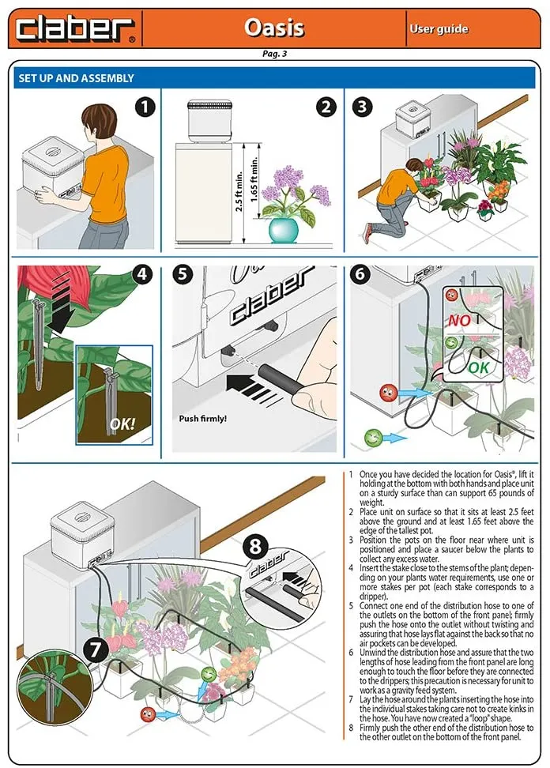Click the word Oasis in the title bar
click(273, 28)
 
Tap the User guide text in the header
click(439, 29)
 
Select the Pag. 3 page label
click(274, 55)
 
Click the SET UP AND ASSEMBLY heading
click(76, 78)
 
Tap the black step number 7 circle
click(96, 649)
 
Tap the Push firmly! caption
click(203, 418)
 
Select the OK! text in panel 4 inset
click(122, 424)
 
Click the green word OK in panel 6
click(478, 368)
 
